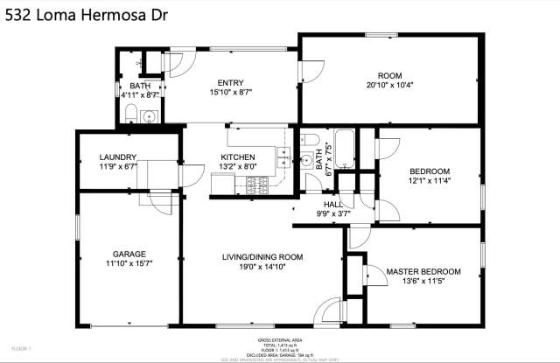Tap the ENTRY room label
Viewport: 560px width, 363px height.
click(x=230, y=82)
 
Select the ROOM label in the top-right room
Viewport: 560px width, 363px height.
click(x=389, y=75)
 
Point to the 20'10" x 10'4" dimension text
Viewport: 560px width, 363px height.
click(x=389, y=85)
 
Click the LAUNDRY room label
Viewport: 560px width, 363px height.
click(x=118, y=157)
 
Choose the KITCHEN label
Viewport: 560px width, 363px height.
click(x=237, y=157)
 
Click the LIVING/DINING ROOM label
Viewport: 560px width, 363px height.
click(x=262, y=256)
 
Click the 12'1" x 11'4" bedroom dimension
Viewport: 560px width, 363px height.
click(x=430, y=181)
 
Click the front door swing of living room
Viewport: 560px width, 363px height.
click(x=327, y=311)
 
